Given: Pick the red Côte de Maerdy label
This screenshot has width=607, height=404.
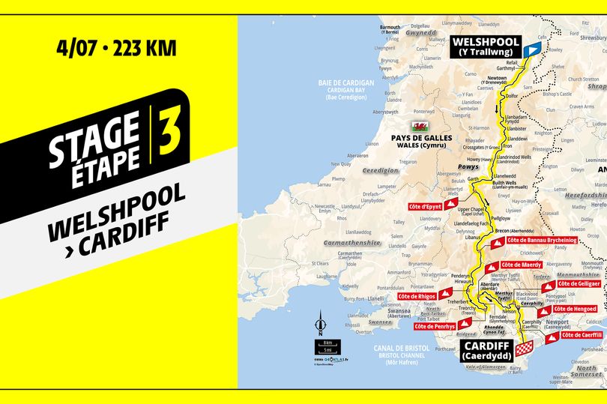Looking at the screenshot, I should pos(521,265).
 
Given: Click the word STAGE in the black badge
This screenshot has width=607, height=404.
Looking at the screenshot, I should pos(94,138).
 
